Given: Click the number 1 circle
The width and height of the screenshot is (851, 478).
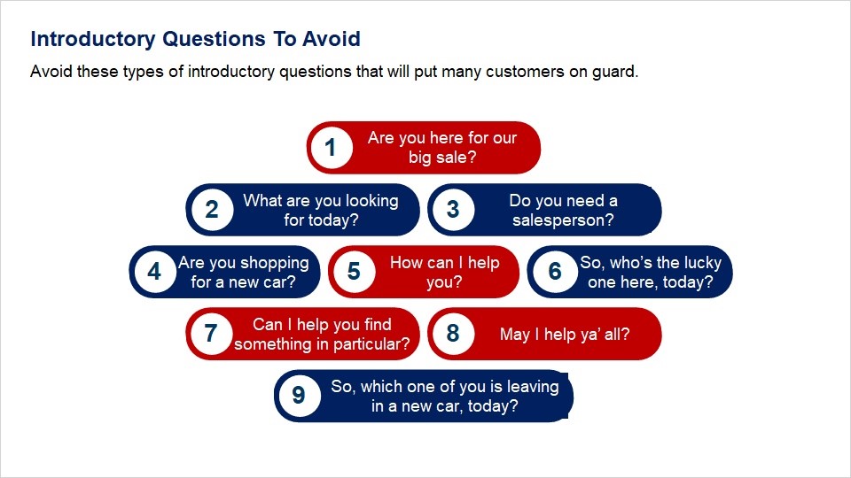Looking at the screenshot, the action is [331, 148].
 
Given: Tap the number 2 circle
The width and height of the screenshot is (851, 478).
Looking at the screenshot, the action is [212, 210].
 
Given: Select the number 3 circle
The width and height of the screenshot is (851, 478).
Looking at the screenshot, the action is [453, 210].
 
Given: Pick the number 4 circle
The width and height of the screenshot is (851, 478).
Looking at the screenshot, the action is [154, 272].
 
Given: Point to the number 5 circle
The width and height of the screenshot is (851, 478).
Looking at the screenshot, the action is [354, 272].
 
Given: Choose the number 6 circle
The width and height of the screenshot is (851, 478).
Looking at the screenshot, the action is [555, 272].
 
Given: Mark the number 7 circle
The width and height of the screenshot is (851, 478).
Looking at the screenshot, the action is [211, 334].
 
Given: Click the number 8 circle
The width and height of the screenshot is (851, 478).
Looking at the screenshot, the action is [453, 334].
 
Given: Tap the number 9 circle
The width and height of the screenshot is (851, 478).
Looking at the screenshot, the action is [299, 396].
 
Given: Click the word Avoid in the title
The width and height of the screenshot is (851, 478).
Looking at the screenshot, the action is [331, 39].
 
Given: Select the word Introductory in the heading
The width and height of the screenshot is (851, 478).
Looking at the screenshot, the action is [93, 40].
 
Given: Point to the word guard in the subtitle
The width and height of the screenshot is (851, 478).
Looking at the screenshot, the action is [614, 72].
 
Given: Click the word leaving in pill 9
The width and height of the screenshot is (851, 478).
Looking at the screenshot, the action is [533, 387].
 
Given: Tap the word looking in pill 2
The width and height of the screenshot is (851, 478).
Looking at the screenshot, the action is [371, 201].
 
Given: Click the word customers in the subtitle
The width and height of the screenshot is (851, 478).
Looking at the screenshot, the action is [525, 72].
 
